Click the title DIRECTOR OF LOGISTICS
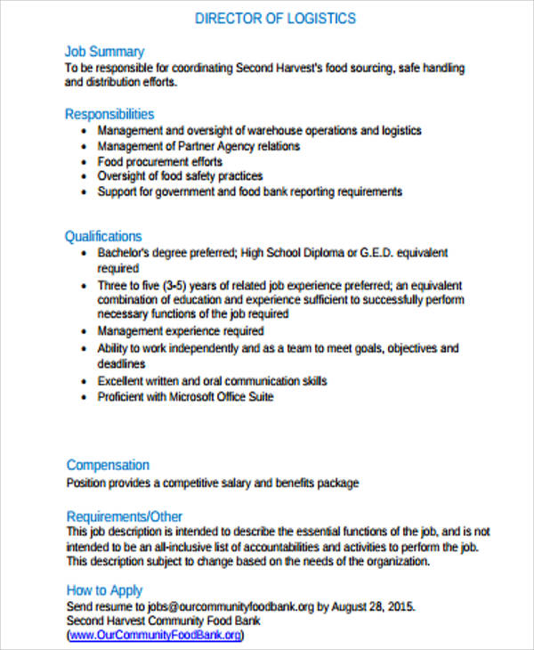[x=275, y=18]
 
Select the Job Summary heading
[x=104, y=52]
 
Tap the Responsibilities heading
[x=109, y=114]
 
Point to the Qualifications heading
[x=103, y=236]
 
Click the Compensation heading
[x=108, y=465]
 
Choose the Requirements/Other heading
[x=125, y=516]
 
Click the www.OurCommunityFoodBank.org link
[x=155, y=636]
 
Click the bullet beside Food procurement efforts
[x=83, y=162]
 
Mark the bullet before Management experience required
[x=83, y=331]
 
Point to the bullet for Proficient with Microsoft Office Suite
[x=83, y=397]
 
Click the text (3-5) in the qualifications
[x=178, y=286]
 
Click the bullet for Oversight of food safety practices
[x=83, y=177]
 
